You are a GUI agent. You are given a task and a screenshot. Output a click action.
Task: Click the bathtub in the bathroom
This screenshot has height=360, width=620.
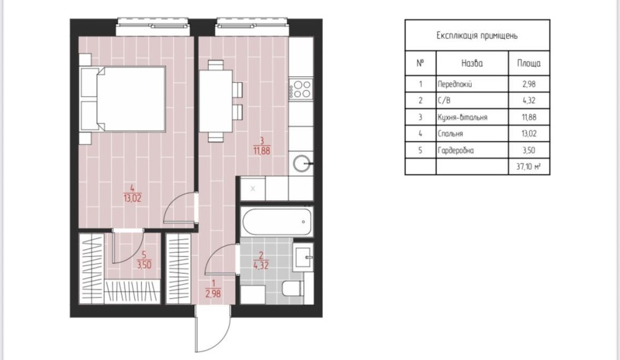pyautogui.click(x=277, y=222)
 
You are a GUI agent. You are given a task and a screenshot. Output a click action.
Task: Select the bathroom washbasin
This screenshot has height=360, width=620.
pyautogui.click(x=303, y=257)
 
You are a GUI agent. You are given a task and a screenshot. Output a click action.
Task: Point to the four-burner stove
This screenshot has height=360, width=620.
pyautogui.click(x=301, y=89)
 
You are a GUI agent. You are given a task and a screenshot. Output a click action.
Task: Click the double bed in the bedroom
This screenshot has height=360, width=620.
pyautogui.click(x=123, y=99)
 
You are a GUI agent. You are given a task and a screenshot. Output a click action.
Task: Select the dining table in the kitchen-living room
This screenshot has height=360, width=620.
pyautogui.click(x=216, y=101)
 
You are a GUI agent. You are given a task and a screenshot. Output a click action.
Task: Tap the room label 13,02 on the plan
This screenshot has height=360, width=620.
pyautogui.click(x=133, y=198)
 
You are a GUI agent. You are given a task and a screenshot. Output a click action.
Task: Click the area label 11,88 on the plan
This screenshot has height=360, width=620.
pyautogui.click(x=262, y=151)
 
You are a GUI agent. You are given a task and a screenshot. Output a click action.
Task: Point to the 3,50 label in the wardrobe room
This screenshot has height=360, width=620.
pyautogui.click(x=144, y=265)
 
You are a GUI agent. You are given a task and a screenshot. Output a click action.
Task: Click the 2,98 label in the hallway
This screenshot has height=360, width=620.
pyautogui.click(x=213, y=293)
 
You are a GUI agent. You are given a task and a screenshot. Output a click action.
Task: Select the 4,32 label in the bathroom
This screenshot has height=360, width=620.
pyautogui.click(x=261, y=265)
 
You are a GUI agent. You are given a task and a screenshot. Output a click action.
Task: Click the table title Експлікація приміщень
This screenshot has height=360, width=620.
pyautogui.click(x=477, y=35)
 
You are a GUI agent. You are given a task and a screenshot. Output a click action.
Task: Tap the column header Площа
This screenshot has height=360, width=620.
pyautogui.click(x=529, y=63)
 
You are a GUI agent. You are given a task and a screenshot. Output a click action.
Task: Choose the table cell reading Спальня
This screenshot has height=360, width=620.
pyautogui.click(x=450, y=134)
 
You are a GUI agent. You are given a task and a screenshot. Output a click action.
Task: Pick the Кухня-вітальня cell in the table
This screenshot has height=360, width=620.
pyautogui.click(x=463, y=117)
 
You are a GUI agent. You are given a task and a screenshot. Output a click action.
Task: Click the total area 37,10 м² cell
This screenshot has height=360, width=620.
pyautogui.click(x=529, y=166)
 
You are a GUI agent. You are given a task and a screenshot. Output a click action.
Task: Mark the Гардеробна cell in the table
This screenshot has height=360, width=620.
pyautogui.click(x=456, y=150)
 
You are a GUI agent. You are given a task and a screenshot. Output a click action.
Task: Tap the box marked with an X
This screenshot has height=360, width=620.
pyautogui.click(x=253, y=188)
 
